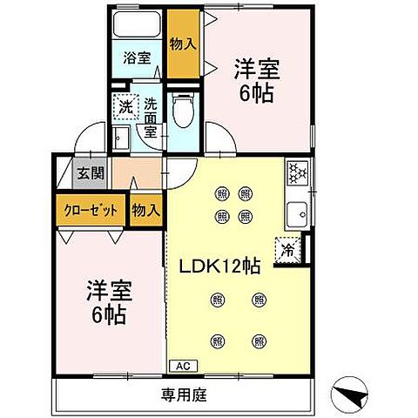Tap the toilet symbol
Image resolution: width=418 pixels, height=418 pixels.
pyautogui.click(x=183, y=111)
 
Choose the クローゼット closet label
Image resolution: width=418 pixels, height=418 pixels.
pyautogui.click(x=90, y=210)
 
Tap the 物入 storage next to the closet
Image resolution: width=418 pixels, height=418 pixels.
pyautogui.click(x=146, y=210)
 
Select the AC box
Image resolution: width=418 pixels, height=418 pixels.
pyautogui.click(x=183, y=365)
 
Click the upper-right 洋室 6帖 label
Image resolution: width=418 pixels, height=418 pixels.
pyautogui.click(x=254, y=80)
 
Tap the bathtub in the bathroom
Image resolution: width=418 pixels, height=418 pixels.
pyautogui.click(x=136, y=24)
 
